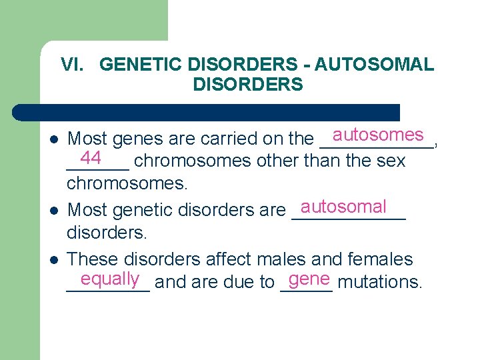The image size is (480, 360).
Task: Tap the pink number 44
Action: pyautogui.click(x=90, y=158)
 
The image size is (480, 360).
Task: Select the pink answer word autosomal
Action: pyautogui.click(x=343, y=206)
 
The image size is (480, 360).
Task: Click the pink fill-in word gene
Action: pyautogui.click(x=310, y=278)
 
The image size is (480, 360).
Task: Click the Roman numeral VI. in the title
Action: pyautogui.click(x=74, y=65)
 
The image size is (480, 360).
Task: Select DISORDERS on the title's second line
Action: pyautogui.click(x=247, y=85)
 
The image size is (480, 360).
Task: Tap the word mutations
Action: pyautogui.click(x=380, y=282)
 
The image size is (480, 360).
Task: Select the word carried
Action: pyautogui.click(x=225, y=139)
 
